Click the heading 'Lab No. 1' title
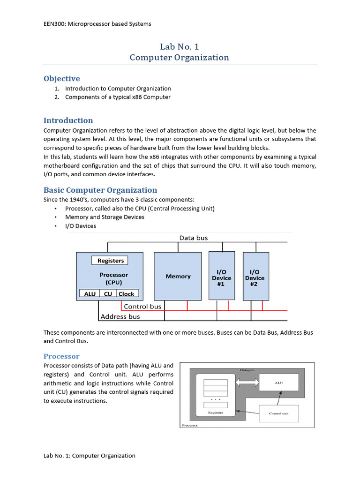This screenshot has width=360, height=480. tap(180, 46)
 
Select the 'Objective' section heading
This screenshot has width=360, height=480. tap(62, 78)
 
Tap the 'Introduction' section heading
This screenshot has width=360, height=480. tap(68, 120)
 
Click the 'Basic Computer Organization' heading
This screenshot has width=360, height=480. tap(100, 190)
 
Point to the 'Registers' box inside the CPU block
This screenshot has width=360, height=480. tap(111, 260)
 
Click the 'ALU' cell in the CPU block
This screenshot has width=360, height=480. tap(90, 294)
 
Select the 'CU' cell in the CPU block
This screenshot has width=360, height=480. tap(108, 294)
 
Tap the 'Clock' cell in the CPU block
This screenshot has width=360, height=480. tap(126, 294)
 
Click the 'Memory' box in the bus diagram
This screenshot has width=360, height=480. tap(178, 276)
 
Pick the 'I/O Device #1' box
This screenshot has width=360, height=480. tap(222, 276)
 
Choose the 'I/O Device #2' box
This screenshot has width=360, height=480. tap(255, 276)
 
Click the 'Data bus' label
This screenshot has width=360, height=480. tap(194, 238)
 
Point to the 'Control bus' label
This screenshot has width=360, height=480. tap(142, 307)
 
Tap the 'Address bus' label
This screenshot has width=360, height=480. tap(120, 317)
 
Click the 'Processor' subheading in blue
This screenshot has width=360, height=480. tap(61, 356)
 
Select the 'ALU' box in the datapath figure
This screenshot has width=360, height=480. tap(278, 383)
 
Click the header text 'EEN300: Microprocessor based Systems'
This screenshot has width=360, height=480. tap(97, 24)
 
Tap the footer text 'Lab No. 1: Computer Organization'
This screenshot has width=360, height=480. tap(90, 456)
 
